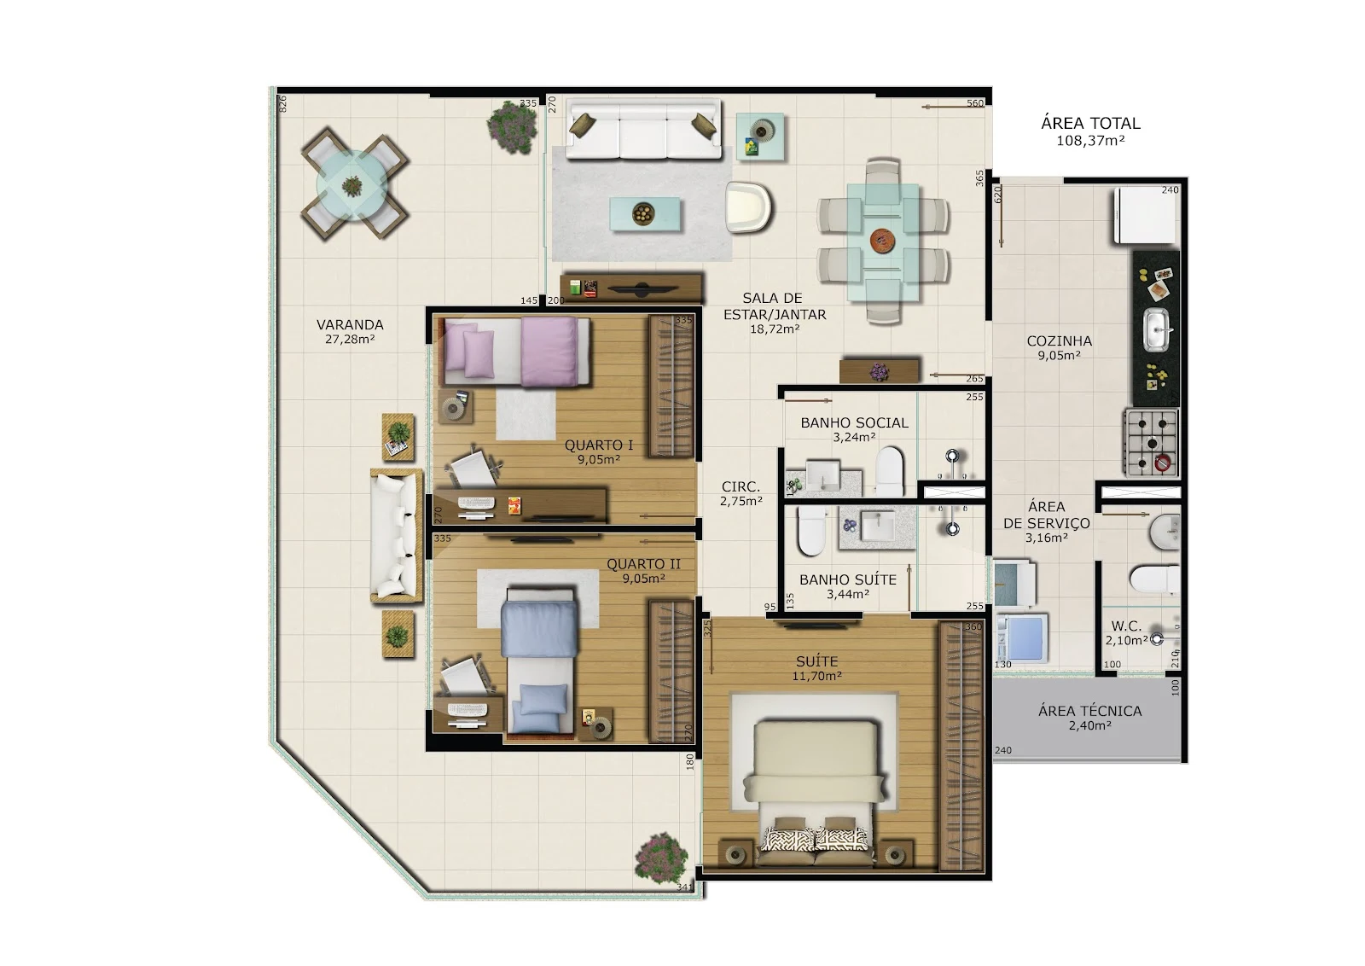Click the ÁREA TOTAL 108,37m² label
[x=1090, y=131]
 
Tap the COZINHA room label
[x=1059, y=341]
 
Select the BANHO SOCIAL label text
[x=854, y=423]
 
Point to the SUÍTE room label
[x=816, y=661]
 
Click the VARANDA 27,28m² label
[x=350, y=332]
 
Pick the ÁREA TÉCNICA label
[x=1090, y=711]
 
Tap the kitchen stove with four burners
[x=1151, y=443]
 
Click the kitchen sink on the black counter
[x=1156, y=329]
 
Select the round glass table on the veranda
[x=354, y=184]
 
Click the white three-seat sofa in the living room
[x=643, y=131]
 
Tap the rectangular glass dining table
[x=883, y=242]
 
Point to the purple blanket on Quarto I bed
[x=549, y=352]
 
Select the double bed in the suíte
[x=815, y=794]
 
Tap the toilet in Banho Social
[x=890, y=471]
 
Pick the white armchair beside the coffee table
[x=748, y=207]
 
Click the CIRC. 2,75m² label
[x=741, y=493]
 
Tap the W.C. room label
[x=1126, y=626]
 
